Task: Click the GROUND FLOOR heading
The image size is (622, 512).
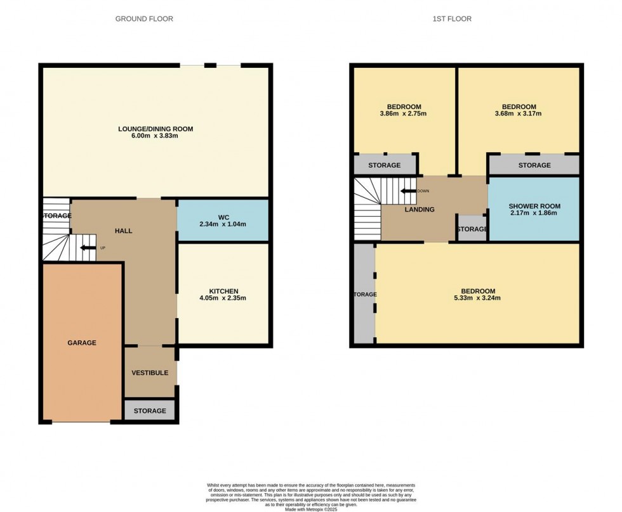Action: [144, 19]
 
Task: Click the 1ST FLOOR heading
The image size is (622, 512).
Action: [452, 19]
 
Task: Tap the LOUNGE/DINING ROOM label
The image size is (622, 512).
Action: [155, 129]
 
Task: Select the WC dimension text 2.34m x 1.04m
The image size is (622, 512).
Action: [223, 224]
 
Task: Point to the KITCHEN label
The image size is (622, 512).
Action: [223, 291]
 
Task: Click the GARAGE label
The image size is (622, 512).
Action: [82, 343]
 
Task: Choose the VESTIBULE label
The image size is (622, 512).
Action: [150, 373]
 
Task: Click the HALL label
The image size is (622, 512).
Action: [124, 231]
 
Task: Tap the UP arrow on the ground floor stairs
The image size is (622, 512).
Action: [87, 248]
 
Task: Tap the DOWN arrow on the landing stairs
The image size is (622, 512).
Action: [407, 190]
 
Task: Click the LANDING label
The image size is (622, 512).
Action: [420, 210]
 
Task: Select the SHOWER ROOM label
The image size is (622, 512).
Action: [534, 206]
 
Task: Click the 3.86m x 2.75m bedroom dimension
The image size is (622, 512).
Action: [404, 114]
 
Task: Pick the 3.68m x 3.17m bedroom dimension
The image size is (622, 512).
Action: [519, 115]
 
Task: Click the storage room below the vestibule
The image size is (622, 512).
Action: [150, 411]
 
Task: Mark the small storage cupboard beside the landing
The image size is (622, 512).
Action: [472, 229]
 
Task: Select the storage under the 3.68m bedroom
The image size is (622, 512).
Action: [534, 165]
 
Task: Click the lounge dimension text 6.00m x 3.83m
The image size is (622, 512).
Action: [155, 136]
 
